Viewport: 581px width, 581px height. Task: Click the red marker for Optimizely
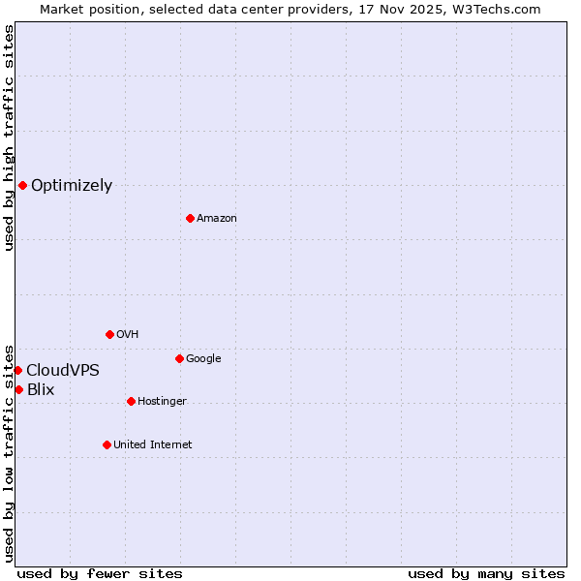(x=22, y=185)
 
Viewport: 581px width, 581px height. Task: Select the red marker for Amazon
(x=190, y=218)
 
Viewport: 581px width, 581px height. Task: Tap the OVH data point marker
(x=109, y=334)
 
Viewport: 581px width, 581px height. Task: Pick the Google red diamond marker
(x=179, y=358)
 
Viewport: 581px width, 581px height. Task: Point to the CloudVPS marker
(x=17, y=370)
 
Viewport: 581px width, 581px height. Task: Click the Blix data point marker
(x=18, y=389)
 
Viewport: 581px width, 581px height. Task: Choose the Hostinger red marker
(x=131, y=401)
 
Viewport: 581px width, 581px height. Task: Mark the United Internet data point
(x=107, y=444)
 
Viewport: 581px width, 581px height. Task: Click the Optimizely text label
(x=72, y=186)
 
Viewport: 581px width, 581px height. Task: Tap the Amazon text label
(x=217, y=219)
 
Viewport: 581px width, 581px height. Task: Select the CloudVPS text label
(x=63, y=371)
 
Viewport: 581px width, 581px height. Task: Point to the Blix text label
(x=41, y=390)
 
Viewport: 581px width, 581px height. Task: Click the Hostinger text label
(x=162, y=402)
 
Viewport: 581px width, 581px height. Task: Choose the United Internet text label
(x=153, y=445)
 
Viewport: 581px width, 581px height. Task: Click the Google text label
(x=203, y=359)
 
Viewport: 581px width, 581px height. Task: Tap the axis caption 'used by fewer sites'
(x=100, y=574)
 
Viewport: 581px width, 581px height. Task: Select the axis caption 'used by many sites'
(x=486, y=574)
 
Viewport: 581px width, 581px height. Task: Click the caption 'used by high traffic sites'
(x=9, y=138)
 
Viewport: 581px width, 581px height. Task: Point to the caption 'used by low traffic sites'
(x=9, y=452)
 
